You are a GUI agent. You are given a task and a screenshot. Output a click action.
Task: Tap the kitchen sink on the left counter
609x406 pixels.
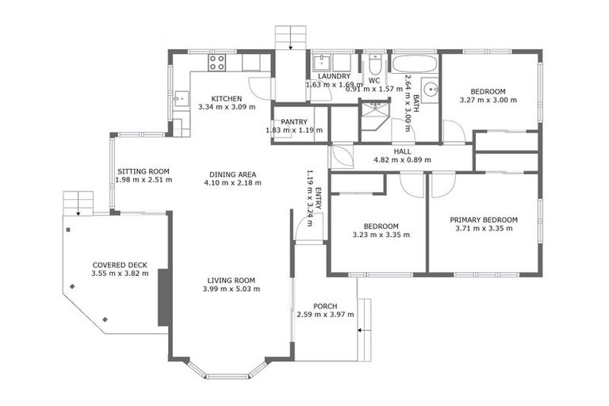pyautogui.click(x=179, y=99)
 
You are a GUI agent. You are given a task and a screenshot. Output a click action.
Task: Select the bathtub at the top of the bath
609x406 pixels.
pyautogui.click(x=414, y=63)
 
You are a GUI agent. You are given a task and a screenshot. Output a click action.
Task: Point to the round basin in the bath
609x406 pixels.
pyautogui.click(x=431, y=90)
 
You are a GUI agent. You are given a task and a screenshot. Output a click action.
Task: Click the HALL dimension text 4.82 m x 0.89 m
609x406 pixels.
pyautogui.click(x=402, y=159)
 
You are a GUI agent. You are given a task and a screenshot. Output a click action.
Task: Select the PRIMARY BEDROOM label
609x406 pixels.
pyautogui.click(x=484, y=220)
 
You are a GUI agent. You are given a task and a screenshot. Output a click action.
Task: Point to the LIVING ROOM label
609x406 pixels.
pyautogui.click(x=231, y=280)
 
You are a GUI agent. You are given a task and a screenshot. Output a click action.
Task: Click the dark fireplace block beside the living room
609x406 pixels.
pyautogui.click(x=163, y=297)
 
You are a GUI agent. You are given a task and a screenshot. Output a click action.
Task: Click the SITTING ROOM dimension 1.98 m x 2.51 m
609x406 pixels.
pyautogui.click(x=144, y=180)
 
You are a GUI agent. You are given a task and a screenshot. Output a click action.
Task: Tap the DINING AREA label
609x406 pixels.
pyautogui.click(x=231, y=174)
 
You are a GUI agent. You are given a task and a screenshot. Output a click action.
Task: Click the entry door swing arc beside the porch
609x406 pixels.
pyautogui.click(x=302, y=226)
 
